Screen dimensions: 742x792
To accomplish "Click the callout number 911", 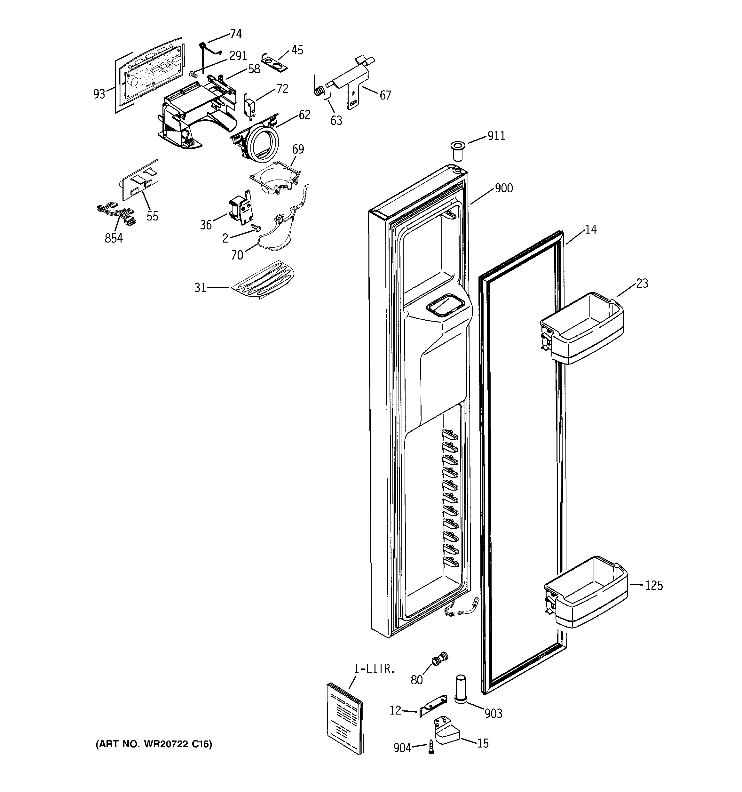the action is pyautogui.click(x=496, y=136).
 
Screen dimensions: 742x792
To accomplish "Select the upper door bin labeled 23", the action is pyautogui.click(x=581, y=328).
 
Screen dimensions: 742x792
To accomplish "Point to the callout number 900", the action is pyautogui.click(x=503, y=188).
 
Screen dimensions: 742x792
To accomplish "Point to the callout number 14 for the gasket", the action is pyautogui.click(x=591, y=230).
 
